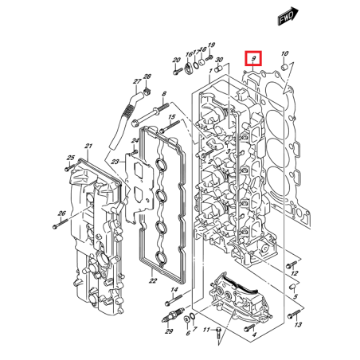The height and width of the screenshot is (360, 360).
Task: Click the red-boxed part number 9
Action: pyautogui.click(x=253, y=59)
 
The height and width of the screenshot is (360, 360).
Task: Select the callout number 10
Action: pyautogui.click(x=286, y=54)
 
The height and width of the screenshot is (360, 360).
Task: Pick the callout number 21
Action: pyautogui.click(x=89, y=146)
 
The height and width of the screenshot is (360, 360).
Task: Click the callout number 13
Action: pyautogui.click(x=298, y=326)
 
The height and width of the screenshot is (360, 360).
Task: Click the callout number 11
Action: pyautogui.click(x=205, y=329)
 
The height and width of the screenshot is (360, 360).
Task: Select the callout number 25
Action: pyautogui.click(x=69, y=158)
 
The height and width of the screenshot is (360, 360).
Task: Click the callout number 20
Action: pyautogui.click(x=176, y=60)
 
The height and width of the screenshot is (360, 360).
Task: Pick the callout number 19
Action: pyautogui.click(x=211, y=45)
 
